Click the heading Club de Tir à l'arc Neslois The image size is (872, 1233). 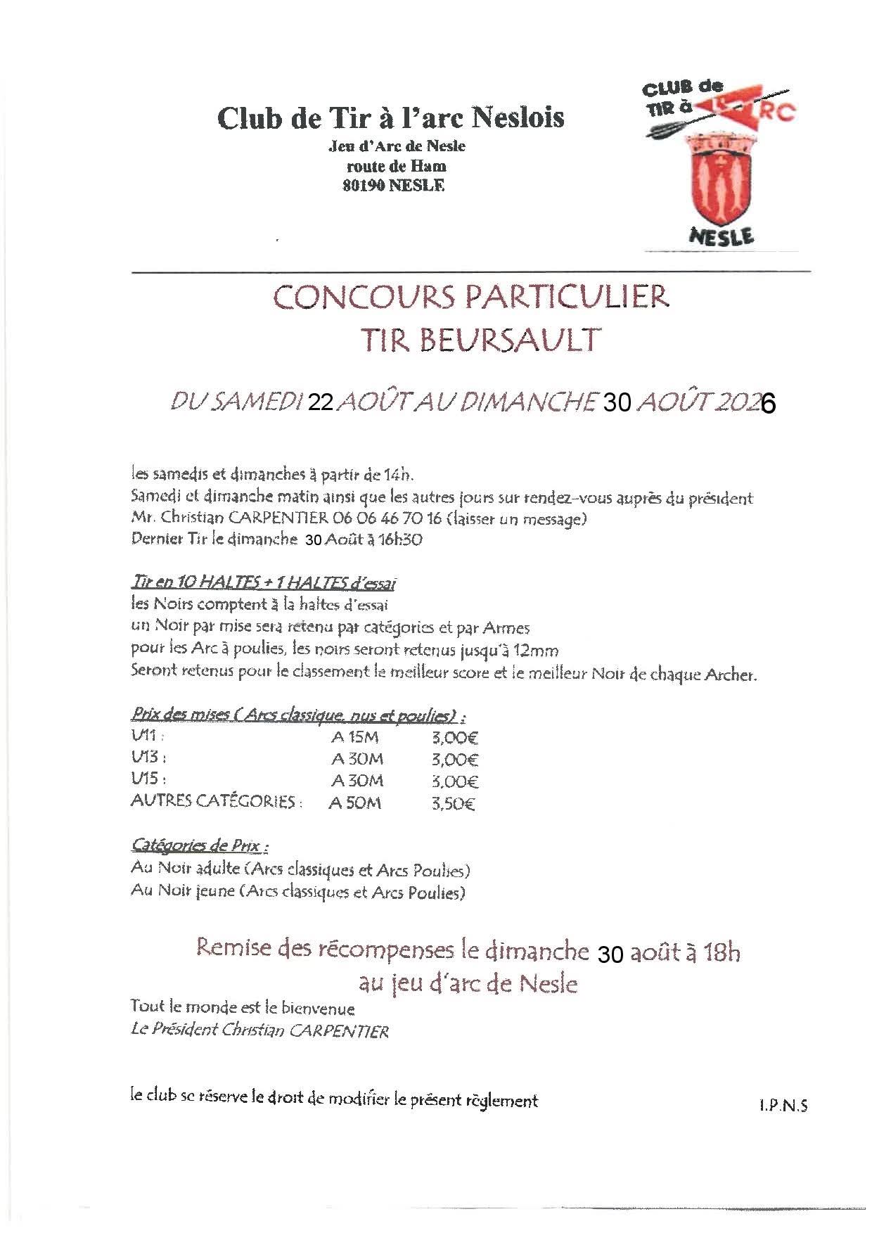coord(390,117)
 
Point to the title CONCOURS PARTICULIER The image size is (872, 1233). coord(470,297)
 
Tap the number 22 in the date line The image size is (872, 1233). coord(321,402)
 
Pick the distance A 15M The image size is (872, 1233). coord(355,739)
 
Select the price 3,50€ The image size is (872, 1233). coord(454,803)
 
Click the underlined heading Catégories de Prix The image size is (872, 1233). coord(200,845)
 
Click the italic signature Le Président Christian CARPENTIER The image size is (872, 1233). coord(259,1031)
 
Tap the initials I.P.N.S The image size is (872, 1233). coord(783,1106)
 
